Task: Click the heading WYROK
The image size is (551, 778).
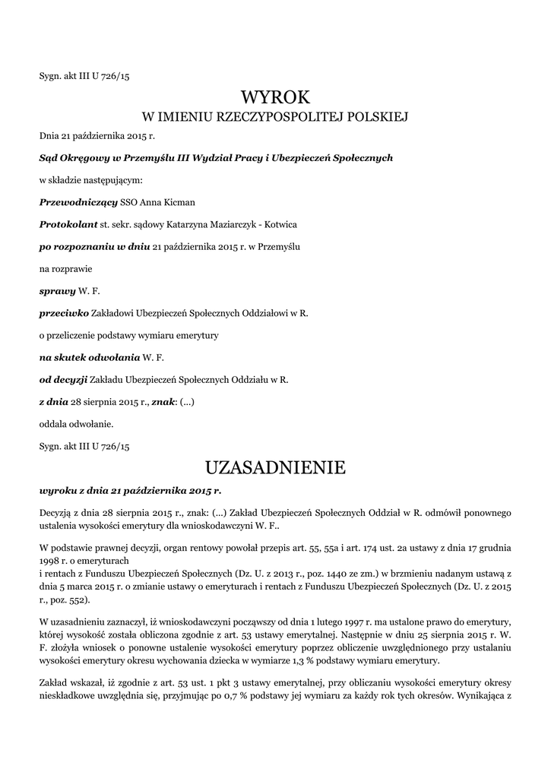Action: click(x=275, y=97)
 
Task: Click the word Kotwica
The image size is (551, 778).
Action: click(x=279, y=225)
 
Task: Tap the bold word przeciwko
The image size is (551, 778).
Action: click(x=64, y=312)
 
